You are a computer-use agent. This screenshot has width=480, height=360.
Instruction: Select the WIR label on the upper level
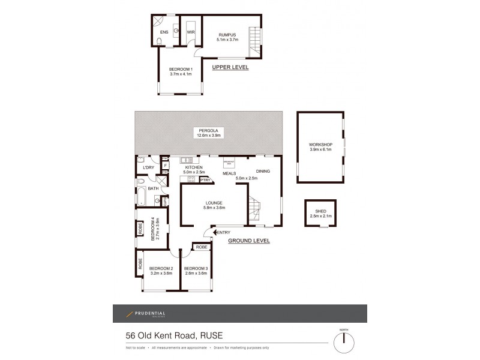pos(191,31)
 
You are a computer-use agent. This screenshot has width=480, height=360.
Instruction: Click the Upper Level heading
pos(230,68)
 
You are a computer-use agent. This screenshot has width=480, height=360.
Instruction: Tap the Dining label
pos(263,172)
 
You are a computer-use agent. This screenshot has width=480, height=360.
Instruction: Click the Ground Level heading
pos(249,241)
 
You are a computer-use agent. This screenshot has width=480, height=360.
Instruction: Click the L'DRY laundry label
pos(149,167)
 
